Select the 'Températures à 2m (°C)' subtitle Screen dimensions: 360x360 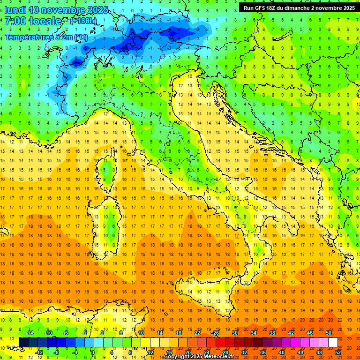click(46, 37)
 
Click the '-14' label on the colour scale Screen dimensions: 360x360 click(29, 333)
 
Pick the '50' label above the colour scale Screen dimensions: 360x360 click(329, 333)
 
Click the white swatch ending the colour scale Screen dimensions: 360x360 click(333, 342)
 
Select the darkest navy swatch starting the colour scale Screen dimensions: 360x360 click(23, 342)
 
